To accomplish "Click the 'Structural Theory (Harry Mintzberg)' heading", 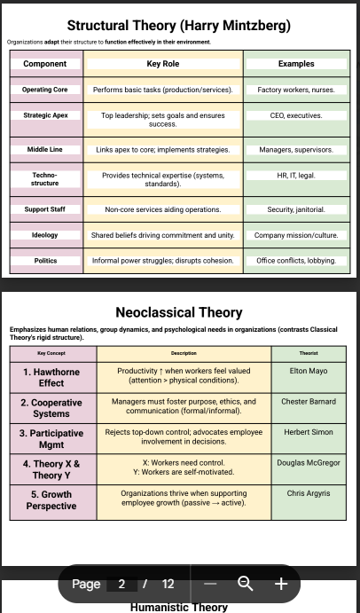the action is tap(179, 26).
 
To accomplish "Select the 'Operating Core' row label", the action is tap(45, 90).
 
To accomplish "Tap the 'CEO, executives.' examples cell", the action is tap(296, 115).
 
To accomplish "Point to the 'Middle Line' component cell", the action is tap(45, 149).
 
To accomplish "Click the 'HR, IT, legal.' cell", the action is tap(296, 176).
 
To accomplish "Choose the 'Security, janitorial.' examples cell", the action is tap(296, 209).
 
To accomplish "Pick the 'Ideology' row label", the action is tap(45, 235).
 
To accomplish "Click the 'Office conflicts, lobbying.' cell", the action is tap(296, 260).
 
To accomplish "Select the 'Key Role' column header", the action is tap(163, 64).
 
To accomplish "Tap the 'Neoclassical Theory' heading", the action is tap(179, 312).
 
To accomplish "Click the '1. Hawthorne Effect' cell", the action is tap(51, 377).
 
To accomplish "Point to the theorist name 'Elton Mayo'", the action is tap(309, 371).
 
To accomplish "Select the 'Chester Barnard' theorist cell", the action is tap(309, 401).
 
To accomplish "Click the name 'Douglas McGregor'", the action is tap(309, 462).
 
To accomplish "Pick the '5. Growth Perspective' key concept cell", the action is tap(51, 500).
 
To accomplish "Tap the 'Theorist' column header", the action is tap(309, 353).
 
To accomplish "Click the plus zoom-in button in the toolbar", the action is tap(281, 584).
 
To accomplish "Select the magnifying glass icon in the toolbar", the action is tap(246, 584).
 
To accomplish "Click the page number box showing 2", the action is tap(121, 584).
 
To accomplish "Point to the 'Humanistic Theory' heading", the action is tap(179, 607).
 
